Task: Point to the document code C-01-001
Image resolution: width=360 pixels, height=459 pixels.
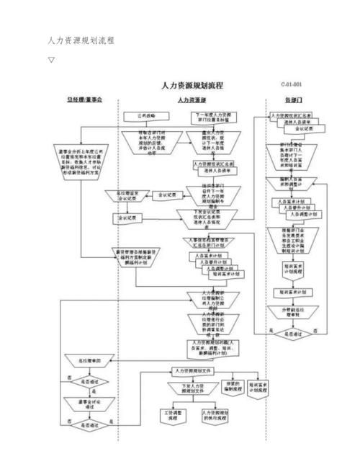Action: click(292, 84)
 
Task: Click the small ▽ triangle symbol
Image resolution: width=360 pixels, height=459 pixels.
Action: click(51, 60)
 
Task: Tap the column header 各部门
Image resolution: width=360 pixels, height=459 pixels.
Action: click(293, 99)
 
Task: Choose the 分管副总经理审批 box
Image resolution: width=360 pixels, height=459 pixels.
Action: click(292, 312)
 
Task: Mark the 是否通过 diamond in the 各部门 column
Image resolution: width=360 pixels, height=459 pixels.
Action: click(292, 333)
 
